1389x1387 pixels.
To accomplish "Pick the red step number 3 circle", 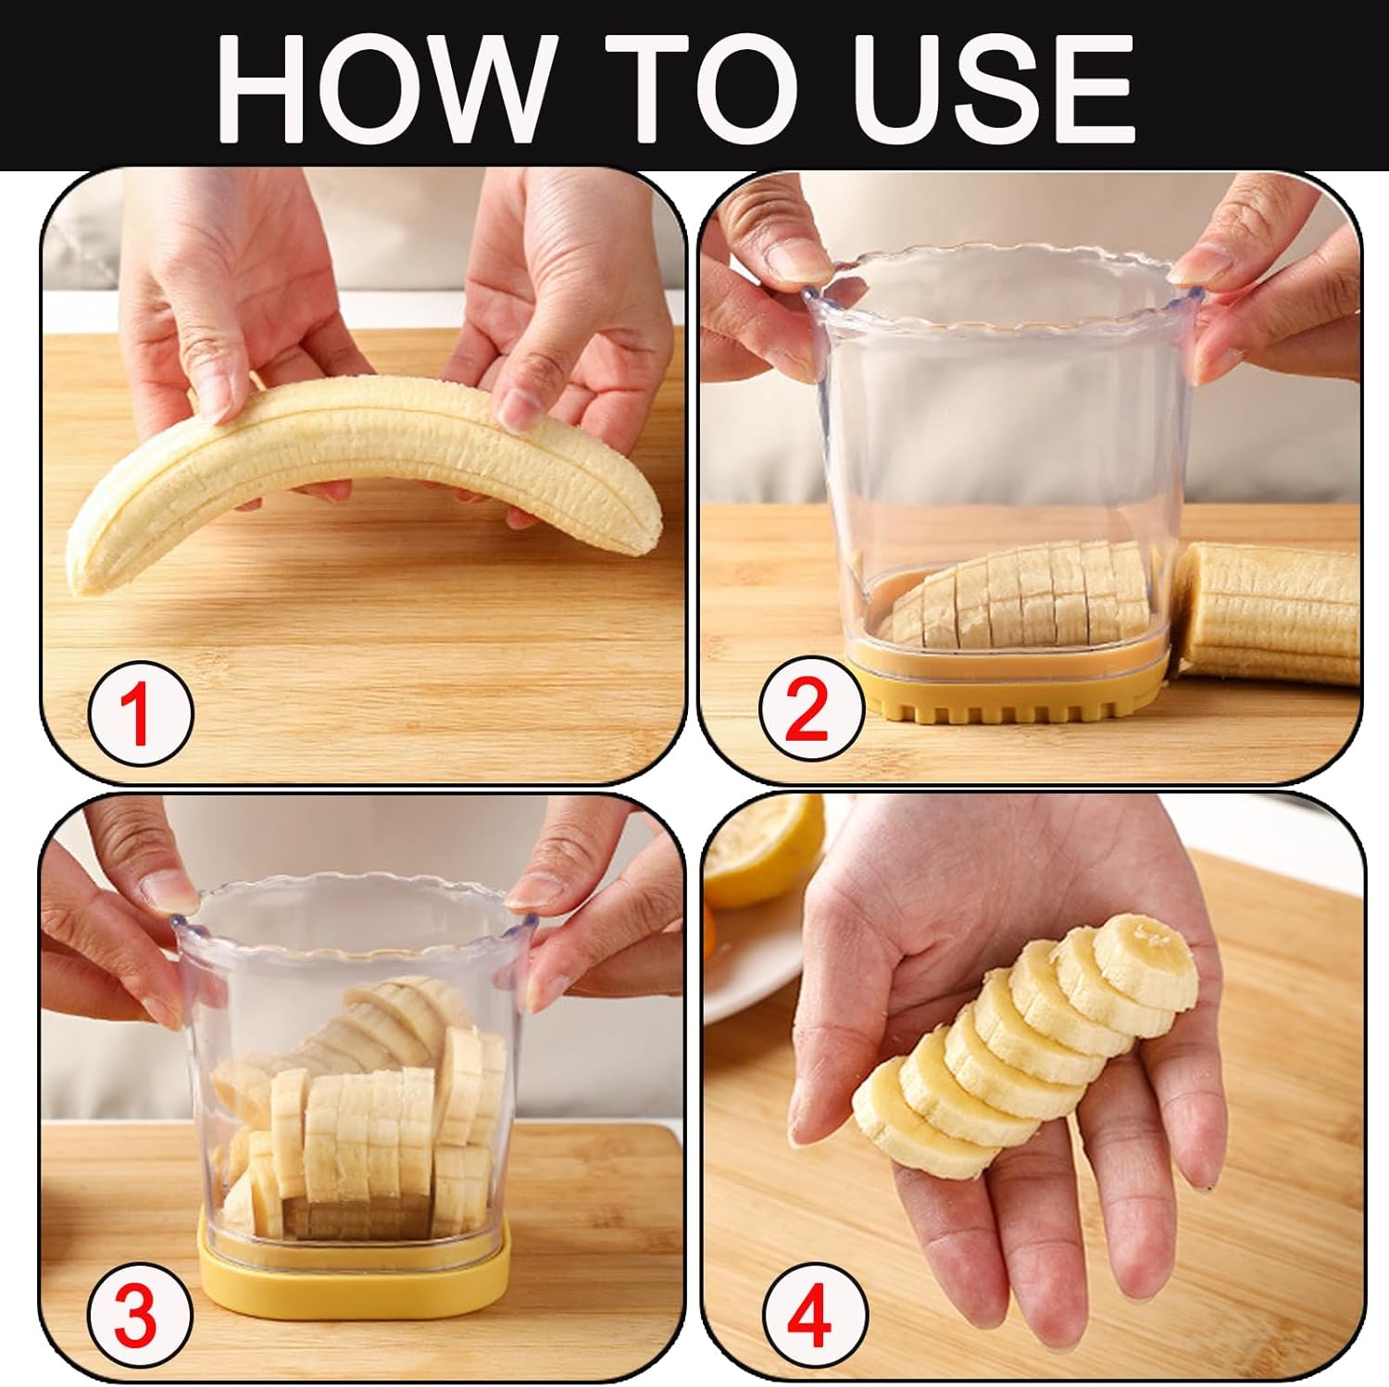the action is coord(140,1313).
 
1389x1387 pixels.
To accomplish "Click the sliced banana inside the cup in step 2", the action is coord(1019,597).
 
